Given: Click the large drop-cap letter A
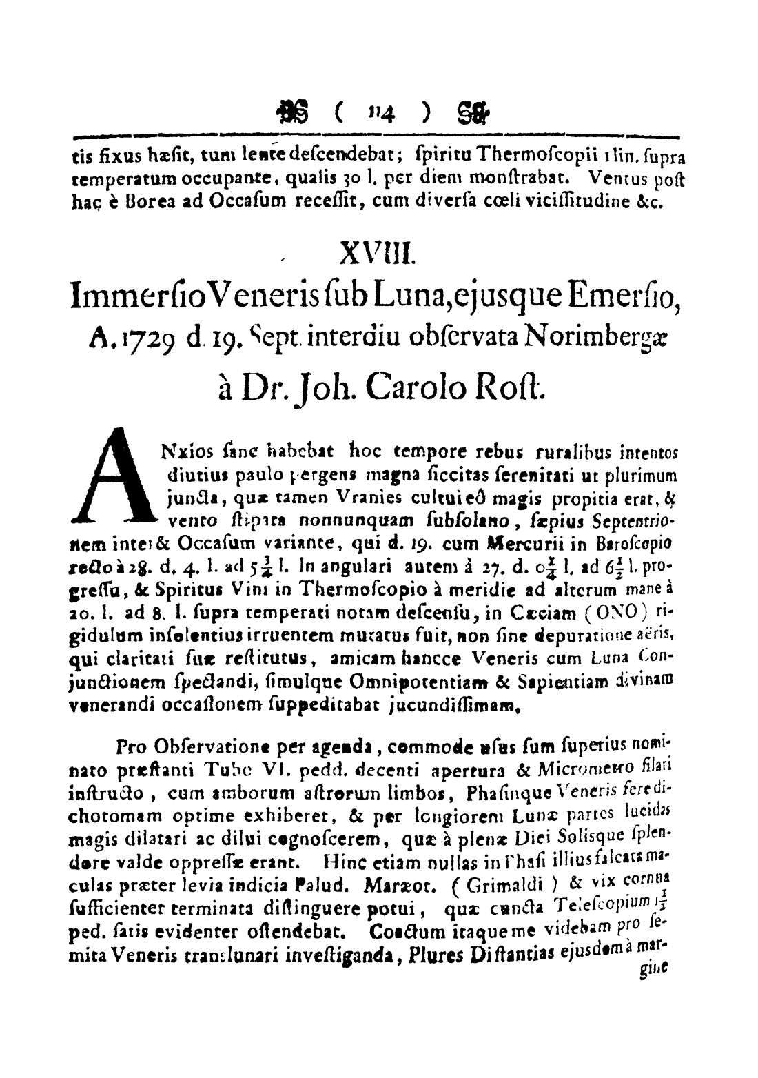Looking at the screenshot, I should pos(113,475).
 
